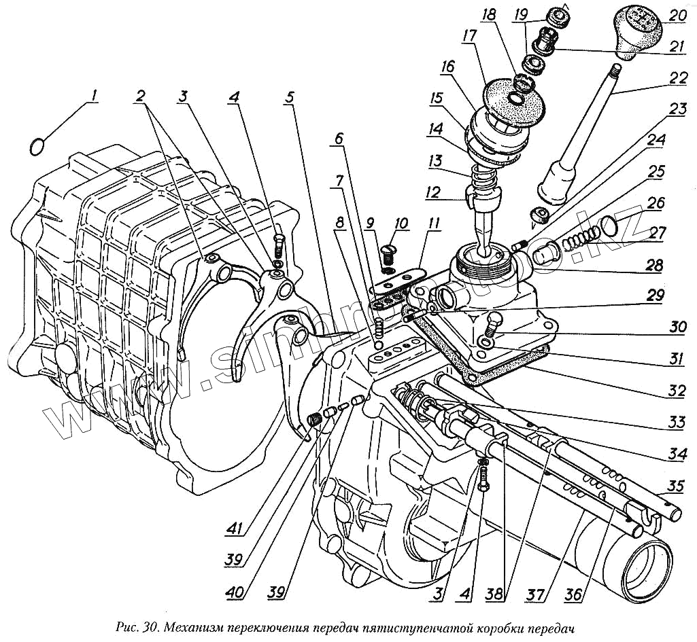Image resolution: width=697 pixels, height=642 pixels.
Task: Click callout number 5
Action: pos(290,96)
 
